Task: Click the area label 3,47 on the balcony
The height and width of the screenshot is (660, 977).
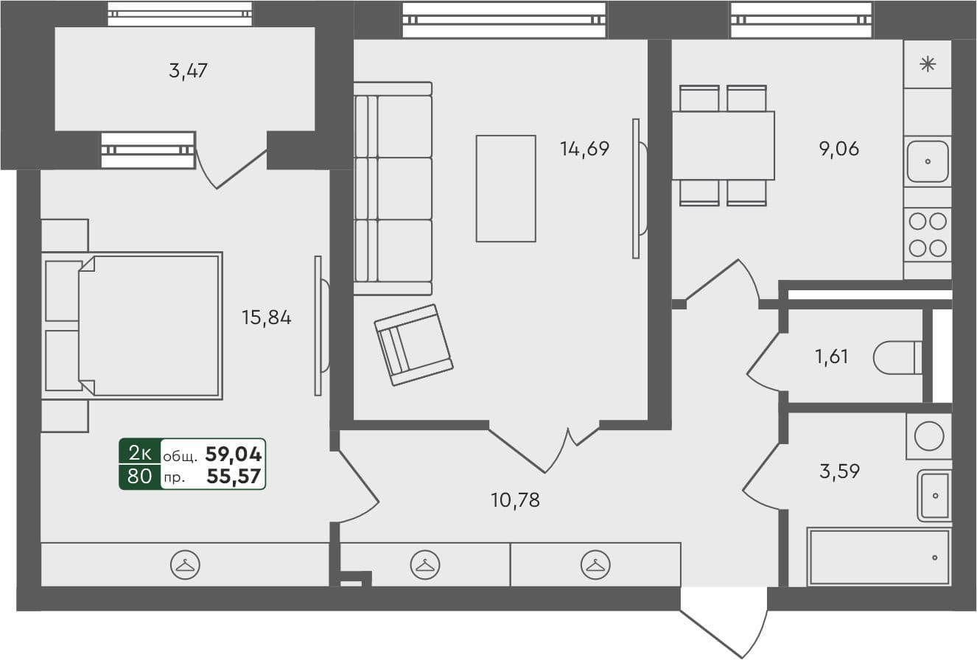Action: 188,71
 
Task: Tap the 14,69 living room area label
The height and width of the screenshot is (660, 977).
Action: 584,150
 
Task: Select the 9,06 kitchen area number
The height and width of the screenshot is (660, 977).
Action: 838,150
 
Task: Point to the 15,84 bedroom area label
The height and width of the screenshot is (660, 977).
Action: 267,318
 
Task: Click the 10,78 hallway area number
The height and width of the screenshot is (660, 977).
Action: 515,501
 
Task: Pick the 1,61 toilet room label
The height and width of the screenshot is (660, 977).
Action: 831,357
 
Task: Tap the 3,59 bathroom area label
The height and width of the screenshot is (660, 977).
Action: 839,471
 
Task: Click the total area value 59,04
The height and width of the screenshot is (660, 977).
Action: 234,454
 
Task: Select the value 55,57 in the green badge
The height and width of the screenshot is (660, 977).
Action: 234,477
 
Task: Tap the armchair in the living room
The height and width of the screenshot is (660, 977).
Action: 413,345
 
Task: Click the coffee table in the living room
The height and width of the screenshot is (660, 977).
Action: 505,189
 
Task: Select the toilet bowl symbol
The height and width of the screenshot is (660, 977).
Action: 897,358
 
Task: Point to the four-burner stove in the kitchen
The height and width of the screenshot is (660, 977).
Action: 928,234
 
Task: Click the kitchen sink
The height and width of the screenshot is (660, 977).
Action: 928,161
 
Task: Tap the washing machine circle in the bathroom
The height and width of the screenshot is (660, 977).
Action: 929,436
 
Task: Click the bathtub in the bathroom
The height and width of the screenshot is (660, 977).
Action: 878,557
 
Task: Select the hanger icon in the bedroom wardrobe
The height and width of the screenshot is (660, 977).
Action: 184,565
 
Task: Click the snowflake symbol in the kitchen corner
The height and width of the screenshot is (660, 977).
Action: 928,64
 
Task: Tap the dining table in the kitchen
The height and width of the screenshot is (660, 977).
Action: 723,145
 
